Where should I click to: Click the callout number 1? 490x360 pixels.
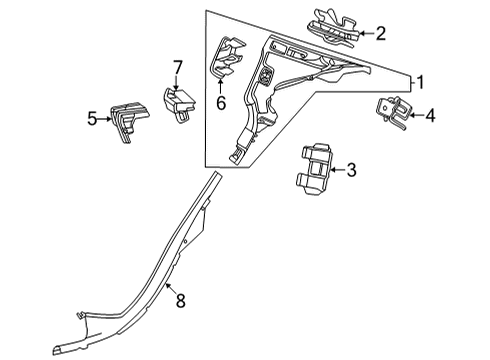pyautogui.click(x=420, y=82)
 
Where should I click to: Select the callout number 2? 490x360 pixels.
pyautogui.click(x=380, y=34)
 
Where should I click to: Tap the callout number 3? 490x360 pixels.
pyautogui.click(x=351, y=170)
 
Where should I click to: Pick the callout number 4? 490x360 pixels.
pyautogui.click(x=430, y=116)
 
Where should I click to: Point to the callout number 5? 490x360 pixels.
pyautogui.click(x=92, y=119)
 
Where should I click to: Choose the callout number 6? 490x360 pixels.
pyautogui.click(x=221, y=103)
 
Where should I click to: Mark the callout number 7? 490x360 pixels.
pyautogui.click(x=178, y=68)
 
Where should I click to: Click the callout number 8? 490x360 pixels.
pyautogui.click(x=180, y=301)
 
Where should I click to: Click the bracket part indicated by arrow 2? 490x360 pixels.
pyautogui.click(x=333, y=28)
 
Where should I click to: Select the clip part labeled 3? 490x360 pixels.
pyautogui.click(x=313, y=169)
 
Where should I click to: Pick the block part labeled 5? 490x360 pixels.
pyautogui.click(x=129, y=121)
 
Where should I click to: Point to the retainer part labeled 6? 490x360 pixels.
pyautogui.click(x=227, y=58)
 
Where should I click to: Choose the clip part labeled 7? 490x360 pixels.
pyautogui.click(x=178, y=104)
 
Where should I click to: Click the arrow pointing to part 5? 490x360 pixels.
pyautogui.click(x=104, y=119)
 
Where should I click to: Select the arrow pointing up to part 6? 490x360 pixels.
pyautogui.click(x=220, y=86)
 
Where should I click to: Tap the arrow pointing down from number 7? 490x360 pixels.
pyautogui.click(x=177, y=83)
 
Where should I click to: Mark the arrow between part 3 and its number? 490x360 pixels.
pyautogui.click(x=338, y=170)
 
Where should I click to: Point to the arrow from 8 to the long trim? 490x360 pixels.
pyautogui.click(x=171, y=288)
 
